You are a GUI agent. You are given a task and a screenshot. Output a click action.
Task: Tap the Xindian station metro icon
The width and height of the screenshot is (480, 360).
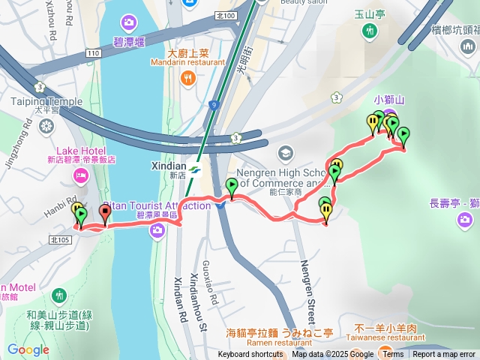pyautogui.click(x=195, y=169)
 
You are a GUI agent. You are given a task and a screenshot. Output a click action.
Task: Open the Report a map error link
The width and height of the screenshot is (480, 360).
pyautogui.click(x=445, y=355)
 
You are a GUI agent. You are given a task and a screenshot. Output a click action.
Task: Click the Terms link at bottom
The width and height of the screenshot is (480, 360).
pyautogui.click(x=394, y=355)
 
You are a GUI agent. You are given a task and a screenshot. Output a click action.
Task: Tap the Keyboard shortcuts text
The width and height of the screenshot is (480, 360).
pyautogui.click(x=250, y=355)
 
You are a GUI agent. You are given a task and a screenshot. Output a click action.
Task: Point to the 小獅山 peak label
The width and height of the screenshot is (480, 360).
pyautogui.click(x=389, y=98)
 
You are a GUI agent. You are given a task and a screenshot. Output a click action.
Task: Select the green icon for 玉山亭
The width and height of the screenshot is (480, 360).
pyautogui.click(x=369, y=31)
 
